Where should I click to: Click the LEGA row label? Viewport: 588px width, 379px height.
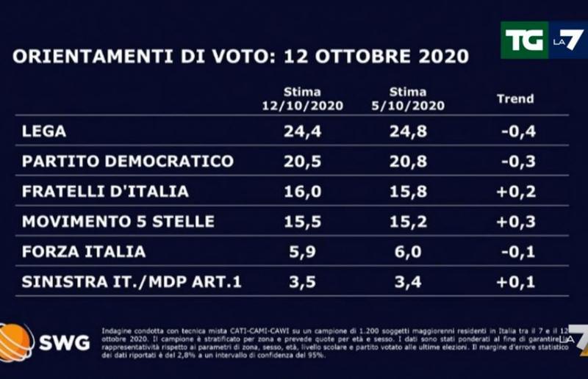click(45, 131)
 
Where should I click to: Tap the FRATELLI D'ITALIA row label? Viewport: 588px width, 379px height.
click(106, 192)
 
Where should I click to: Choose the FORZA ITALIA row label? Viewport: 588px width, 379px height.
click(84, 252)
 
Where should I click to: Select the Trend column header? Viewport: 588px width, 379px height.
click(515, 98)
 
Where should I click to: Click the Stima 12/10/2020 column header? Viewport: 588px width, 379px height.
click(302, 98)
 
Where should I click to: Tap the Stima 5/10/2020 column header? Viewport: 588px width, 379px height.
click(408, 98)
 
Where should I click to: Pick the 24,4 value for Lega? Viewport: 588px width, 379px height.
click(302, 131)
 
